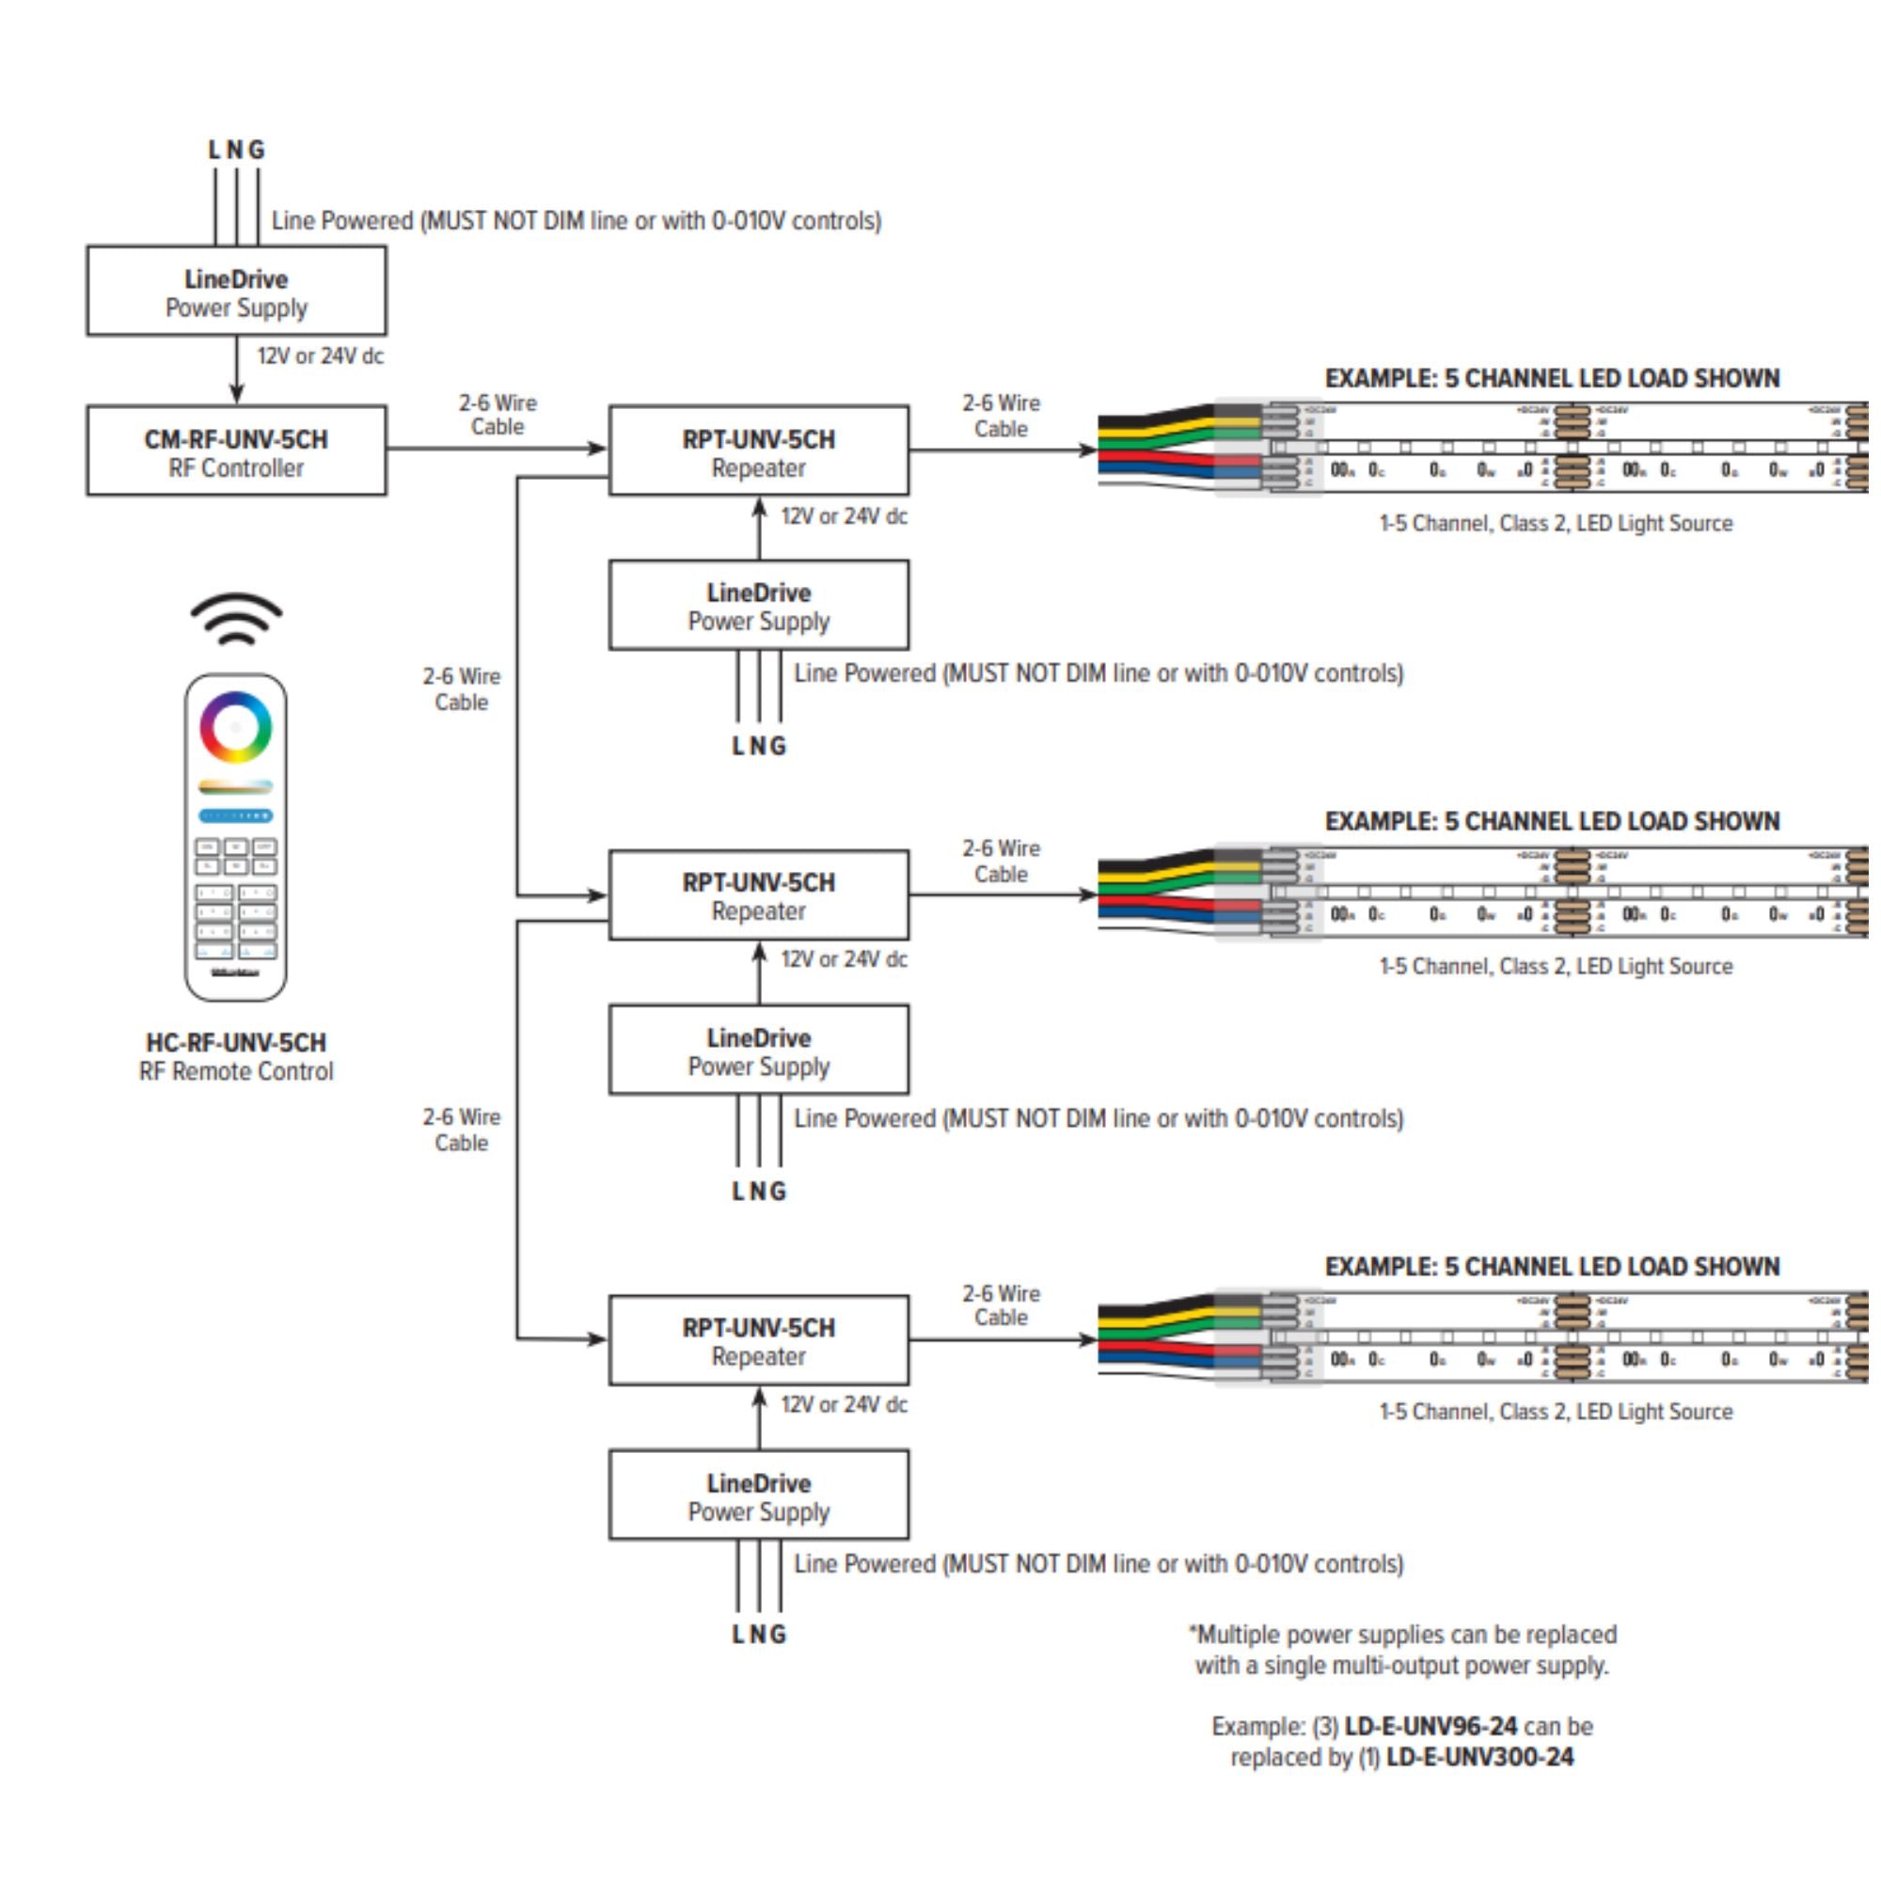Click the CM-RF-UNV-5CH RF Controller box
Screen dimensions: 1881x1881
(236, 450)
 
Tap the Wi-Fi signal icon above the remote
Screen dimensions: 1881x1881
(236, 619)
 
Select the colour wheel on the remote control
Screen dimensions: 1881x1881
(236, 727)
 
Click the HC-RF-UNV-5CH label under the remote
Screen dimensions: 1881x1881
(236, 1043)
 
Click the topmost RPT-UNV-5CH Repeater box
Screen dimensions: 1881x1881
(758, 450)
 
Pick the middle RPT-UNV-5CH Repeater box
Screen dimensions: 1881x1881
(758, 894)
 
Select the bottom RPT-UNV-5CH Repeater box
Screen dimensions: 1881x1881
(758, 1339)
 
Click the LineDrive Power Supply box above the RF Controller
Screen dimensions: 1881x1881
(236, 292)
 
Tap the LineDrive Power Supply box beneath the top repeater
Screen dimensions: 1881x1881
(758, 605)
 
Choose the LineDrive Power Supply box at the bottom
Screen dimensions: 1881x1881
(758, 1494)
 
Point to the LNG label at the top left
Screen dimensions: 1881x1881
(236, 150)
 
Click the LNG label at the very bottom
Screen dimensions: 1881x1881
(758, 1635)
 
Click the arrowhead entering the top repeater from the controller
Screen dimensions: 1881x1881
(598, 449)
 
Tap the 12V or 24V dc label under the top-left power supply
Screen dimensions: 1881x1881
(320, 356)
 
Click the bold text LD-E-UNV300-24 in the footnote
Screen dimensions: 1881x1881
(1479, 1758)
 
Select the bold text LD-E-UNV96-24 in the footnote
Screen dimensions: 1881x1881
(1431, 1726)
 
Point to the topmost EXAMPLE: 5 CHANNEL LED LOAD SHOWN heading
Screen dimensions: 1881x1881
(1552, 379)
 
